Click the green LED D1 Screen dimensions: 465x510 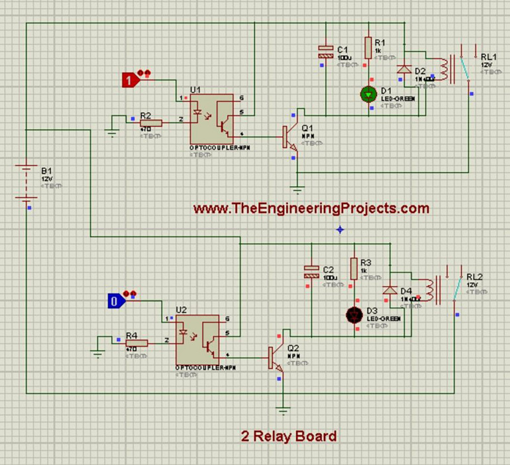(x=368, y=94)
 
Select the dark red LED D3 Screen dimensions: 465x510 (x=352, y=314)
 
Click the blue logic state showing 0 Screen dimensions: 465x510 (x=116, y=301)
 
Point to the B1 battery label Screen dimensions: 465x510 (x=46, y=170)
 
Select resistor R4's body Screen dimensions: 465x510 (x=136, y=342)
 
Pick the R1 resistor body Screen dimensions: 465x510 (x=368, y=48)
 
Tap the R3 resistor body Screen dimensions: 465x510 (x=353, y=268)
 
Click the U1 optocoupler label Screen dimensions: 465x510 (x=195, y=89)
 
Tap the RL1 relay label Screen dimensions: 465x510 (x=487, y=58)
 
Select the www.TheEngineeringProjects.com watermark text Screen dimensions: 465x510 (x=311, y=208)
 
